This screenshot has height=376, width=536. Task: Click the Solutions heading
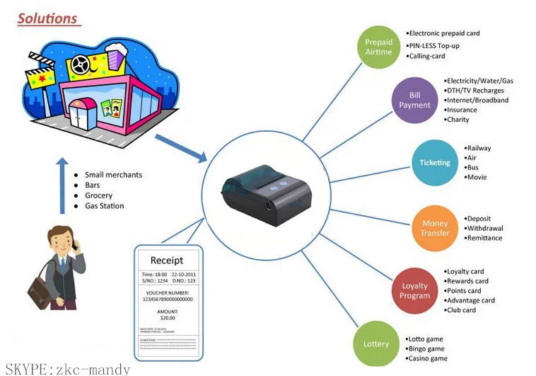tap(47, 18)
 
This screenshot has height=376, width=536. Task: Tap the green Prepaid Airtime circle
tap(378, 47)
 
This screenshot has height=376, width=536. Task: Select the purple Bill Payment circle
tap(414, 100)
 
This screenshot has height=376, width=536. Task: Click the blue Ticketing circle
tap(434, 163)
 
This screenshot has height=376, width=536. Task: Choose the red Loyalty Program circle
tap(414, 291)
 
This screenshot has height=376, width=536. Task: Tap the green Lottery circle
tap(376, 344)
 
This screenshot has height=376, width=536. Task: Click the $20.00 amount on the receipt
tap(168, 318)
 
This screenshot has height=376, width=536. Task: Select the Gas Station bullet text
tap(104, 206)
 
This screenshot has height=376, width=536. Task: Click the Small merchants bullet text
tap(113, 175)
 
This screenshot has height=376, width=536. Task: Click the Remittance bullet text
tap(485, 238)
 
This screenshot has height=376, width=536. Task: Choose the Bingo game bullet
tap(426, 348)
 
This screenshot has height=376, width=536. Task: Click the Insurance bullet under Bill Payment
tap(462, 110)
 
